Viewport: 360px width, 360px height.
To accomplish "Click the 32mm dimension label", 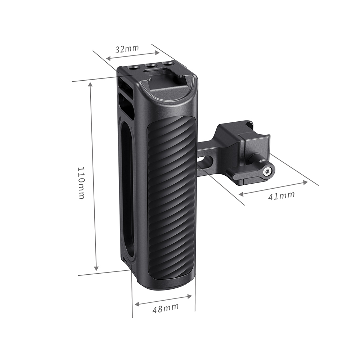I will click(x=127, y=49).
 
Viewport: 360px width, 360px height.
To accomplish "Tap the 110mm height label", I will click(x=81, y=183).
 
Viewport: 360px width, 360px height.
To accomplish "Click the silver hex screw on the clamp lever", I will click(x=267, y=172).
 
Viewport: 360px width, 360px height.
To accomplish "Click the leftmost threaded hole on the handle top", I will click(x=135, y=67).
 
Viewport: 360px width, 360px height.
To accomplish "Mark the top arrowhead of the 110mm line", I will click(x=90, y=84).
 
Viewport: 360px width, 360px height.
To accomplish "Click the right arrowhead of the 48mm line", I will click(x=190, y=296).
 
